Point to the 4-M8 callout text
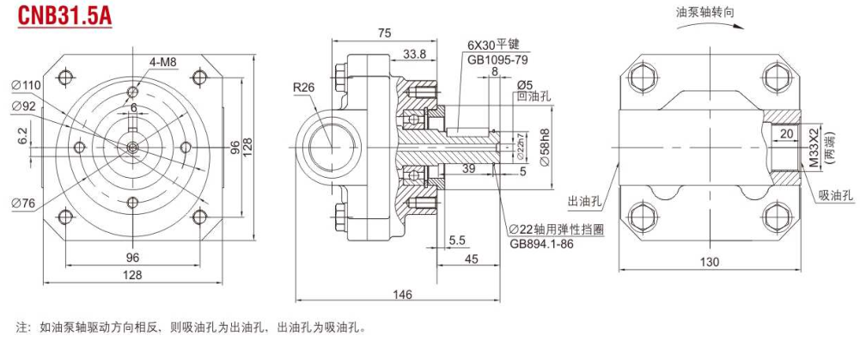coord(162,62)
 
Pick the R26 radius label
coord(303,87)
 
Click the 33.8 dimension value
coord(415,54)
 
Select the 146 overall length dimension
coord(401,295)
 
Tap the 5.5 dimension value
coord(457,240)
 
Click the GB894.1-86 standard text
coord(542,242)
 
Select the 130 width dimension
coord(710,262)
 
